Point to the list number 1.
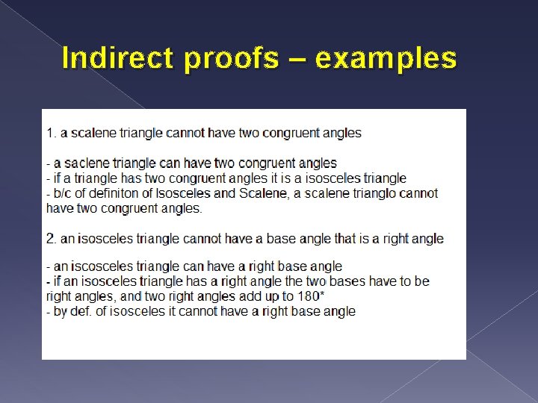[50, 133]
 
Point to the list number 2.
[50, 239]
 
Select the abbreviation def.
[79, 311]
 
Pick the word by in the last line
[61, 311]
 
